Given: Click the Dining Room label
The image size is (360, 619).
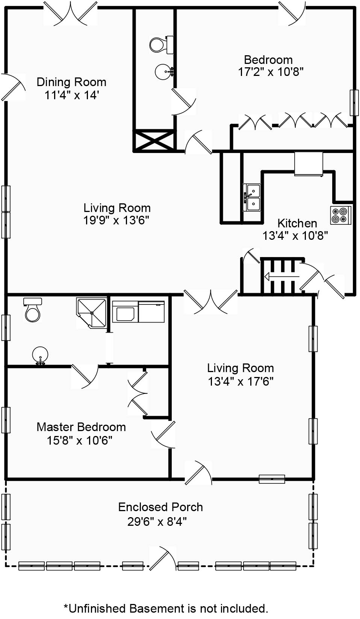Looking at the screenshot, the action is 71,82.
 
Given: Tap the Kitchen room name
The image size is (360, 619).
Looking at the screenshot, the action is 297,223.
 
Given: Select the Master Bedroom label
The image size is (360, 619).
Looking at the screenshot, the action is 81,427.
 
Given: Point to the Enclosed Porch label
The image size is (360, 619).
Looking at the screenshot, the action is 160,507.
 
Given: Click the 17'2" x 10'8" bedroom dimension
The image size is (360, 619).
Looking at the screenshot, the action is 271,72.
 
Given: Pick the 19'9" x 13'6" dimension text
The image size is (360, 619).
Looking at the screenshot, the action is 116,221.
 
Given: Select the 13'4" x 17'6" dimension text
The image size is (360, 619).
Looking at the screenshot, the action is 241,381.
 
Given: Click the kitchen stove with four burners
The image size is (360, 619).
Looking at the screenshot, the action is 341,215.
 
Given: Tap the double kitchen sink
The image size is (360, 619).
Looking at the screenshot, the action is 252,197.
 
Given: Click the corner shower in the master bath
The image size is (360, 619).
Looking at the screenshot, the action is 91,313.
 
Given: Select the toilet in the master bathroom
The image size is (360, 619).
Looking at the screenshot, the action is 33,310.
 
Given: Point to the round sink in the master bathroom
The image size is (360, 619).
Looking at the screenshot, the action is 40,356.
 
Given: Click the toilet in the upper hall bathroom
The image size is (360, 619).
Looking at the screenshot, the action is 162,44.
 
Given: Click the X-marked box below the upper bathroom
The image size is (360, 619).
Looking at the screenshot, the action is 154,140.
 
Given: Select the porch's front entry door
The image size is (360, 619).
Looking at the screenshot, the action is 163,558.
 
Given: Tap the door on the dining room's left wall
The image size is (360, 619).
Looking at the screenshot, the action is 13,87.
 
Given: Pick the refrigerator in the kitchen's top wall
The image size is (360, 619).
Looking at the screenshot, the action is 309,163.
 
